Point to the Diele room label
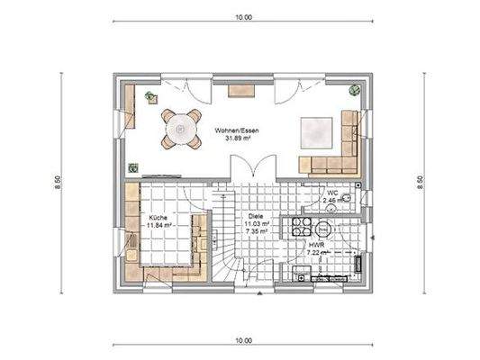click(x=256, y=217)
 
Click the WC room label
click(x=332, y=193)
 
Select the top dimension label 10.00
click(x=243, y=16)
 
